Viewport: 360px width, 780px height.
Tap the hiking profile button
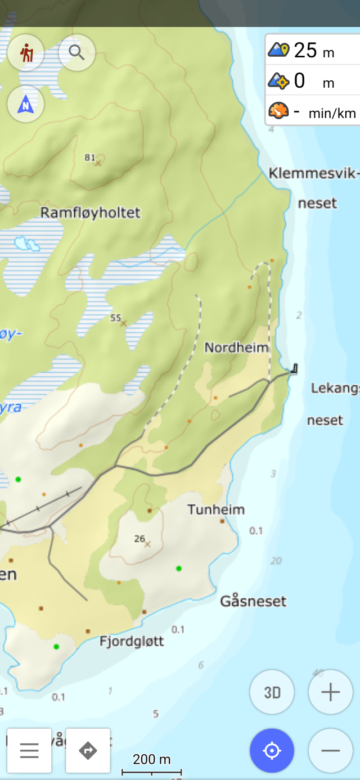26,53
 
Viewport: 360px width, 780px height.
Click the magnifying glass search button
76,53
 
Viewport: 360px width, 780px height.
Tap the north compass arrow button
26,105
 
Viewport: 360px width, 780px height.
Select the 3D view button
272,692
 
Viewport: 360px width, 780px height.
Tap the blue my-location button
272,751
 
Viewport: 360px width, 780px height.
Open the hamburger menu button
29,751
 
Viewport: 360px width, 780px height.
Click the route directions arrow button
88,751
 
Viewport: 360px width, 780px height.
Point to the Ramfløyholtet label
91,213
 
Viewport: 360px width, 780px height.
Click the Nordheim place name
236,348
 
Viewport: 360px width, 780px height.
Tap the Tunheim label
216,510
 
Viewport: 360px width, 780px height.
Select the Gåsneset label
253,601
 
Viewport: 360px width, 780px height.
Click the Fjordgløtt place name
132,641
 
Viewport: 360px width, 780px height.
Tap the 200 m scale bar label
151,760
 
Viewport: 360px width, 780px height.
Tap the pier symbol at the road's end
294,369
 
